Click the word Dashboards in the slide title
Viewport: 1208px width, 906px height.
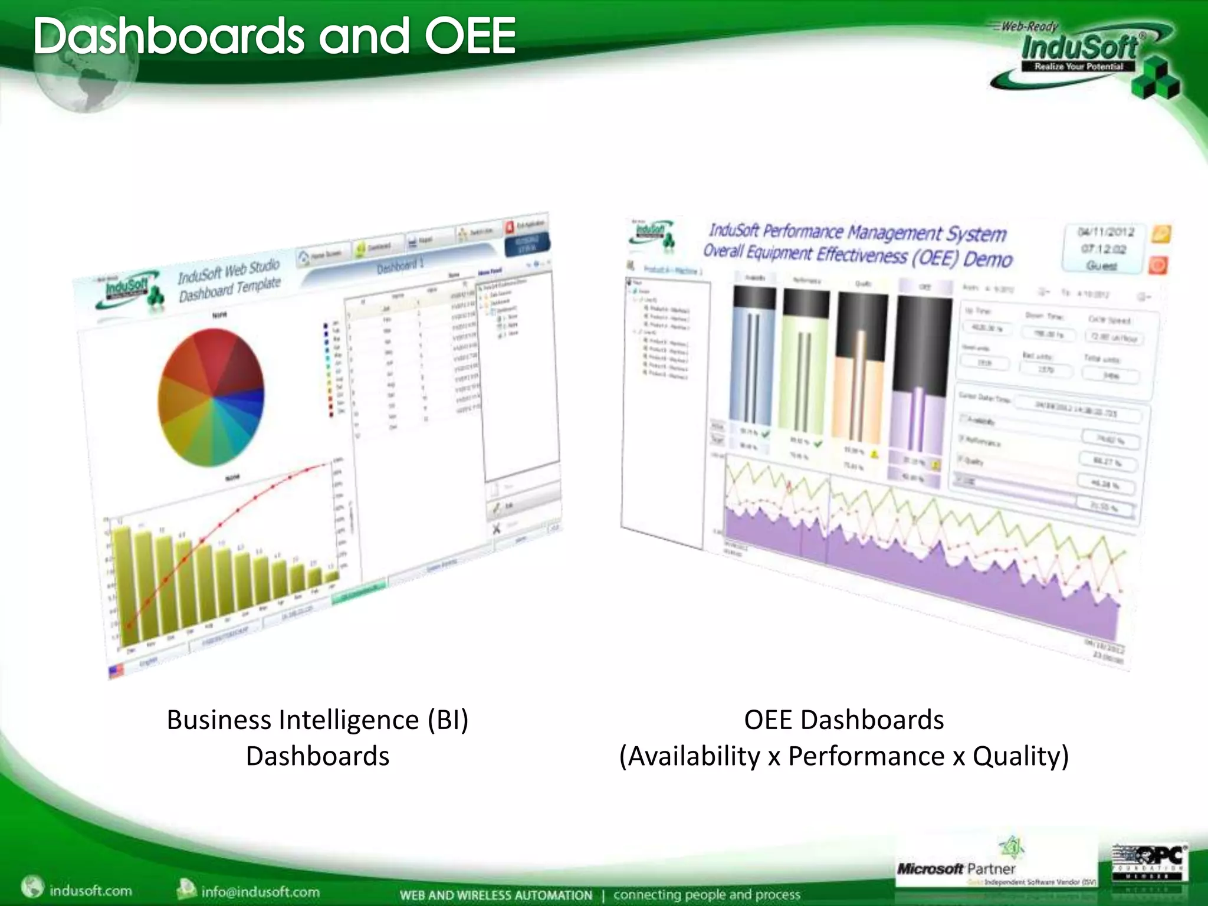(x=168, y=37)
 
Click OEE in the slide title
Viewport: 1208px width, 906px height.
(x=470, y=37)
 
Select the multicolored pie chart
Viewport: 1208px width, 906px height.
(x=211, y=396)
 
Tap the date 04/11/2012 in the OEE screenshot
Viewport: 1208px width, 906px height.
(x=1105, y=232)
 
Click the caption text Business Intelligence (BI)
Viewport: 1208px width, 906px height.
(x=317, y=720)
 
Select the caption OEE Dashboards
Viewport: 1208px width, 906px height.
(x=843, y=720)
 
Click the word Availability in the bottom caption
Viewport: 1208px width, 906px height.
(x=694, y=756)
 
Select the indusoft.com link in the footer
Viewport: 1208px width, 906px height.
(x=90, y=890)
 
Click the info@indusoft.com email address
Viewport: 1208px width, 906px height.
(x=260, y=891)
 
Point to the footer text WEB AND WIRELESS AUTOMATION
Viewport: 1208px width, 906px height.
(x=495, y=895)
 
